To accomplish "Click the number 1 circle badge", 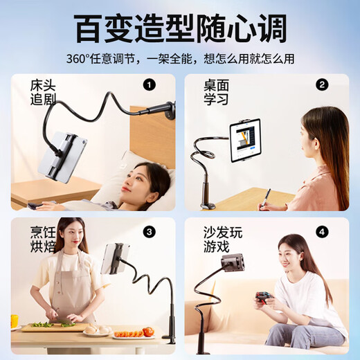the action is [x=149, y=85].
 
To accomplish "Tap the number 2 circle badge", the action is [x=322, y=85].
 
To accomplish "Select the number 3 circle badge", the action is [x=149, y=232].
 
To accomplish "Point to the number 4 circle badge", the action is [x=322, y=232].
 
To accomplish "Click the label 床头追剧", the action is [x=43, y=93].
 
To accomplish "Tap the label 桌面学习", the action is [x=216, y=93].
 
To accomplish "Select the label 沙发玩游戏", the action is [x=223, y=240].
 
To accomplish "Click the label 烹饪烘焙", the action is [x=43, y=240].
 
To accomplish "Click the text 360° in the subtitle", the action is [x=77, y=59].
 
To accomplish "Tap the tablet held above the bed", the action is [x=63, y=156].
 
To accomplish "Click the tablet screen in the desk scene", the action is [x=245, y=141].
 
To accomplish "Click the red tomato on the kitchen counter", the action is [x=148, y=332].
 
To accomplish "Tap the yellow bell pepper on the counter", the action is [x=15, y=321].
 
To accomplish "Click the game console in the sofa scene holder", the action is [x=233, y=262].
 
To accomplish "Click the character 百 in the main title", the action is [x=89, y=28].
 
